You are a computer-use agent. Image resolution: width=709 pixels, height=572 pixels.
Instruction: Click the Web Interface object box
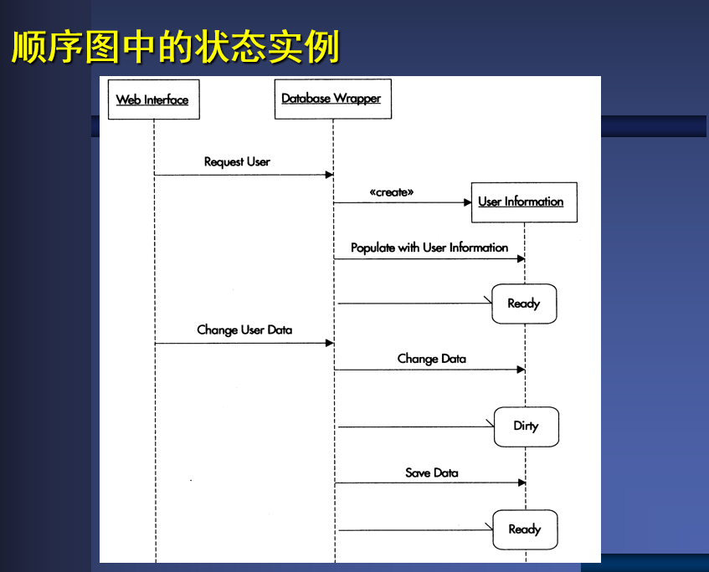tap(153, 100)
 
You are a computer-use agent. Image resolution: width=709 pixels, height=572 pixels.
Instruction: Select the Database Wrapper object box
tap(331, 98)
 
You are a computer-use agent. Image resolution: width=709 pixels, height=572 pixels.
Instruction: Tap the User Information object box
tap(523, 202)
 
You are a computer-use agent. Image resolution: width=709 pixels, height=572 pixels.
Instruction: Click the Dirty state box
tap(526, 426)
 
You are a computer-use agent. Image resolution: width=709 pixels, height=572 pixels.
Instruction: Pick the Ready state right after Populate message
tap(524, 304)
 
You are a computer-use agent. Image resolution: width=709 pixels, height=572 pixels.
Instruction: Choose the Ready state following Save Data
tap(525, 529)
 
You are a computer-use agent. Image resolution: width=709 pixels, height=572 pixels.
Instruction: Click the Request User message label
tap(237, 161)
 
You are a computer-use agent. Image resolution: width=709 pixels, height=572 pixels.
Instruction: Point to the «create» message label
tap(392, 192)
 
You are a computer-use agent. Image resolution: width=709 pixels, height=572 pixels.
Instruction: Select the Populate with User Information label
tap(429, 248)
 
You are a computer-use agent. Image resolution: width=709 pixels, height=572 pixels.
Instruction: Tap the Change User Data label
tap(244, 329)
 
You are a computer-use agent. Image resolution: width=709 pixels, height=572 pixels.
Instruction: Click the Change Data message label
tap(432, 359)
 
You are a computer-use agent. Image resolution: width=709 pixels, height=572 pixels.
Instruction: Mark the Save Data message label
tap(432, 472)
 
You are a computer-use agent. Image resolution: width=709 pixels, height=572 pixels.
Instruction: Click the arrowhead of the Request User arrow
tap(329, 175)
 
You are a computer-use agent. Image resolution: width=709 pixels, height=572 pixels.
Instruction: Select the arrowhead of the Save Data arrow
tap(521, 483)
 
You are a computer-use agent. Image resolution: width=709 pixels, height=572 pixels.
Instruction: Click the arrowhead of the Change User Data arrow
tap(329, 343)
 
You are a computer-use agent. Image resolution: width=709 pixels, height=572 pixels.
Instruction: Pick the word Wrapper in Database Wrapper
tap(357, 98)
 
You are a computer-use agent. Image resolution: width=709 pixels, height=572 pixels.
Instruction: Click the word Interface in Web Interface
tap(166, 100)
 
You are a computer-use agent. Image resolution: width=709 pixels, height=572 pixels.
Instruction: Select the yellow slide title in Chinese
tap(176, 48)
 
